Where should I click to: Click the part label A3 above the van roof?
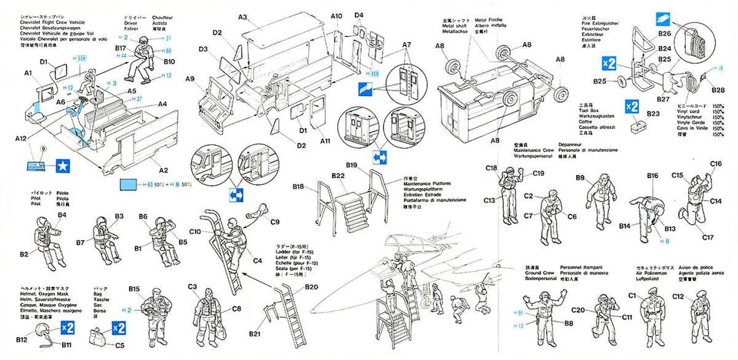[x=242, y=16]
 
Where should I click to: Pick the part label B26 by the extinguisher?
[x=664, y=33]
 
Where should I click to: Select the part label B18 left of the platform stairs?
[x=299, y=186]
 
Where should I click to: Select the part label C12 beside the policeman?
[x=678, y=296]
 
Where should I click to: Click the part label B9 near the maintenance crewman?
[x=581, y=178]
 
